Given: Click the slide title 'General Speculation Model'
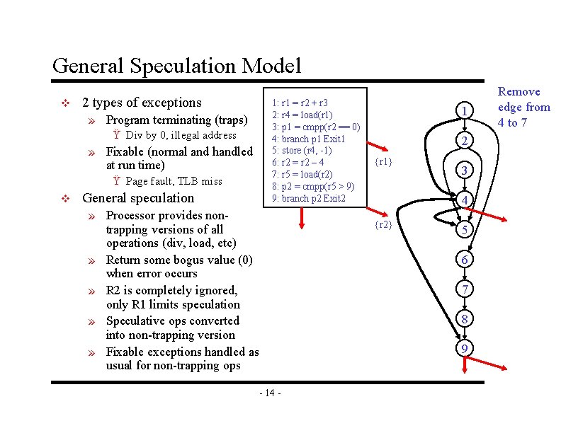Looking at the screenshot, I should pyautogui.click(x=176, y=66).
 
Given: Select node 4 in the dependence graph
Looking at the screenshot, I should pyautogui.click(x=464, y=200).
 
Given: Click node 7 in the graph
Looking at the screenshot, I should pyautogui.click(x=464, y=289).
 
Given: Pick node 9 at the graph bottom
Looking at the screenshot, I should pyautogui.click(x=464, y=349).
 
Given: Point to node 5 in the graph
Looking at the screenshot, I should pyautogui.click(x=464, y=231).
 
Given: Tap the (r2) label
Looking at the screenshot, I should pyautogui.click(x=382, y=225).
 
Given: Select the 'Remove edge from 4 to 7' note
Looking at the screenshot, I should pyautogui.click(x=523, y=107).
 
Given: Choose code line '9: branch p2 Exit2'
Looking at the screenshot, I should pyautogui.click(x=314, y=198).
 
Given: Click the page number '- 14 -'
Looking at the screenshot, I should pyautogui.click(x=271, y=393).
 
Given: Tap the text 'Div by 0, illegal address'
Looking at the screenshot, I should pyautogui.click(x=181, y=135).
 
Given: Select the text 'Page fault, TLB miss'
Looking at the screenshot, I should pyautogui.click(x=174, y=181).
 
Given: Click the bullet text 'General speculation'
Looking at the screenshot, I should pyautogui.click(x=139, y=198).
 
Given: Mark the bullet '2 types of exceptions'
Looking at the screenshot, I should pyautogui.click(x=142, y=103).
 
